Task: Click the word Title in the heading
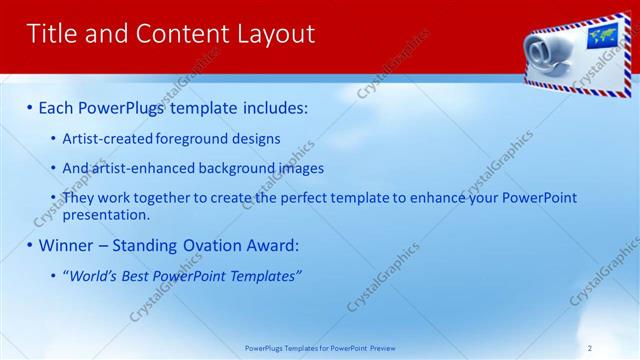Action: [x=50, y=34]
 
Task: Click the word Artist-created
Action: [x=107, y=139]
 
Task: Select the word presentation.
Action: [x=106, y=214]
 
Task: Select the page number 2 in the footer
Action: [x=590, y=348]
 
